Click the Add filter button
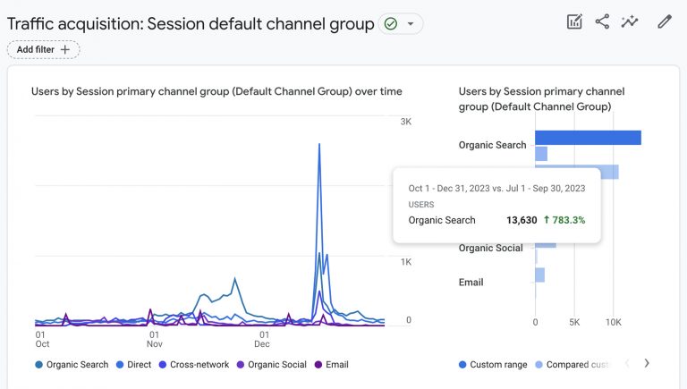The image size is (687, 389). pos(43,50)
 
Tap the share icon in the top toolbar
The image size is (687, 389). pos(602,21)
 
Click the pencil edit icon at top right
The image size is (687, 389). pos(664,21)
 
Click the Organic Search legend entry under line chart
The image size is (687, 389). pos(72,365)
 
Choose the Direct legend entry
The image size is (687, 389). pos(133,365)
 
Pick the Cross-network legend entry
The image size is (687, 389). pos(193,365)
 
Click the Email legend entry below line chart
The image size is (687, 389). pos(331,365)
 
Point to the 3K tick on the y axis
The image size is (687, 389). pos(405,122)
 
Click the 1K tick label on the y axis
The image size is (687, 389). pos(405,262)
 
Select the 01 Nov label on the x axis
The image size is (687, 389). pos(155,338)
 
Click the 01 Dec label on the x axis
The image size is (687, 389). pos(262,338)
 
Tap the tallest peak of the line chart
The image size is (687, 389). pos(319,145)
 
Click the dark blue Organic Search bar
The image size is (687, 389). pos(588,137)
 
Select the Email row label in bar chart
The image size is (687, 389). pos(471,283)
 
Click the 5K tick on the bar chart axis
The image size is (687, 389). pos(574,322)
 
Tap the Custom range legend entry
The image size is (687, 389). pos(493,365)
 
